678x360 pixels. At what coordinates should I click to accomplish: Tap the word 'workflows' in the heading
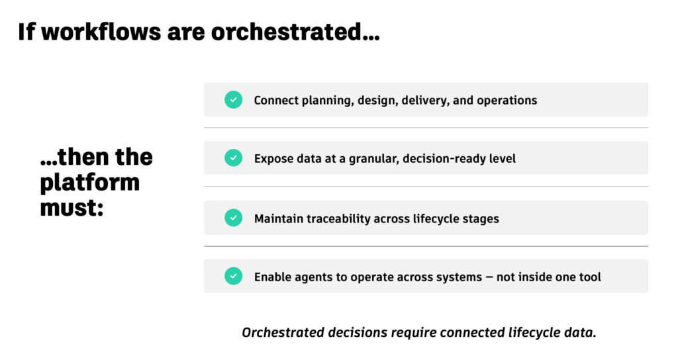pos(101,32)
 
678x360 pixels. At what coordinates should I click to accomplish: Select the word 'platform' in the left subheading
pos(90,183)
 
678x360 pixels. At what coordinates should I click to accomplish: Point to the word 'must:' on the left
pos(72,207)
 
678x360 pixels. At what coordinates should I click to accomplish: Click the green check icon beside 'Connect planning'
pos(234,100)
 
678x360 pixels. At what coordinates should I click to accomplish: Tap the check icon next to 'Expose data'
pos(234,158)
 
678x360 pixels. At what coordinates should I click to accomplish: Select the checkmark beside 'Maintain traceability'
pos(234,218)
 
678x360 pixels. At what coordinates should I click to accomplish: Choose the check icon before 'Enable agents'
pos(234,276)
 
